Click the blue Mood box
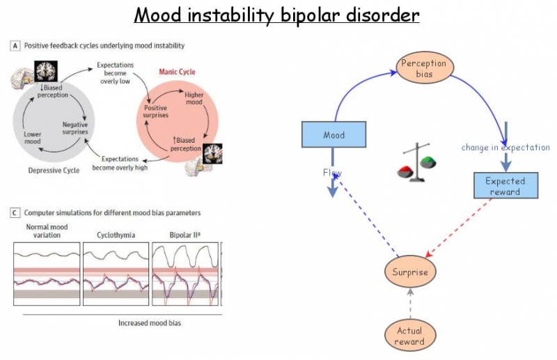coord(334,135)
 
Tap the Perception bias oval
coord(423,68)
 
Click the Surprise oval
coord(411,272)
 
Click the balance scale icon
coord(418,164)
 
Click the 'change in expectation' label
coord(505,148)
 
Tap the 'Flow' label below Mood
coord(332,173)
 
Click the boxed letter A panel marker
coord(15,45)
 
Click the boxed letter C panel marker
coord(15,212)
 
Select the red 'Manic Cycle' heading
coord(178,72)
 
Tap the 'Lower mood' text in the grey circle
coord(33,137)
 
